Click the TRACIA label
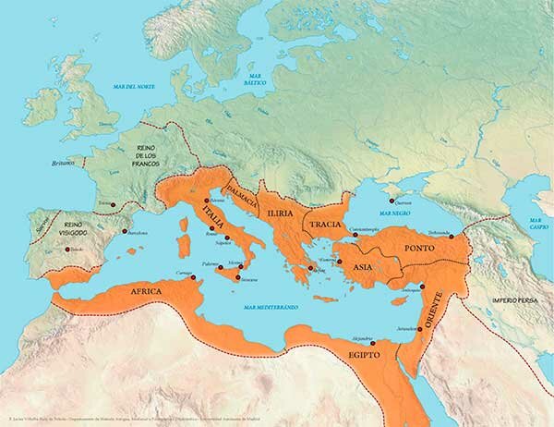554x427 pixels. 326,225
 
